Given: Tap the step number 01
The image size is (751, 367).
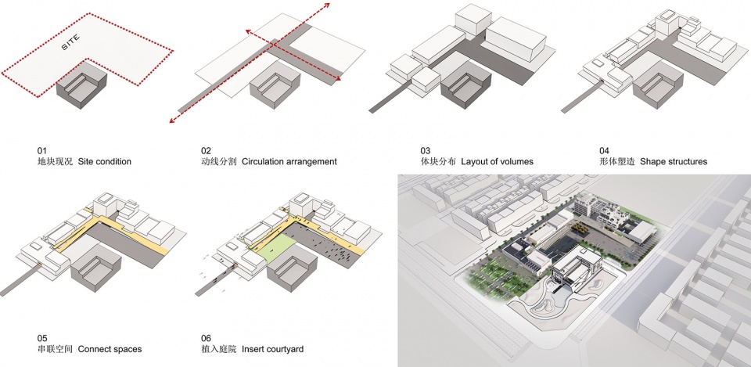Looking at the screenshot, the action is tap(41, 151).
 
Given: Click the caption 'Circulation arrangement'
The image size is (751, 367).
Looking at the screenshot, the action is tap(289, 161).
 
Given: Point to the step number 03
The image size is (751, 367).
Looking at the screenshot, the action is tap(426, 151).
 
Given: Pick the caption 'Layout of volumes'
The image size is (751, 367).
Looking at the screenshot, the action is tap(498, 161).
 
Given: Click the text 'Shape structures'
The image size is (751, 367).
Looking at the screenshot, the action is tap(674, 161).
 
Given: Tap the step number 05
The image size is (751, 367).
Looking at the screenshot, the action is tap(41, 338).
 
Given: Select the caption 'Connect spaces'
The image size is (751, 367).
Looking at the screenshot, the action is tap(110, 349).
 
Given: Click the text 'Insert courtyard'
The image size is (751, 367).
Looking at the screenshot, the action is tap(272, 349).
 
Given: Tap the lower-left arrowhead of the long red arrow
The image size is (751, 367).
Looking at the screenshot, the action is tap(172, 120).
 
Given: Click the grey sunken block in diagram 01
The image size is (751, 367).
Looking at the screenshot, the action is tap(81, 85).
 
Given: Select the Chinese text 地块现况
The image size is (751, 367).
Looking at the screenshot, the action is tap(55, 161).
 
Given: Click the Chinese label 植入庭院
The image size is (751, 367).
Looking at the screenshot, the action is tap(219, 349).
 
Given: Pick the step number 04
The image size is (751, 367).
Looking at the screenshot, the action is tap(604, 151).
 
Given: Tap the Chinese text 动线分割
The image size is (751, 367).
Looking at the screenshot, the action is tap(219, 161).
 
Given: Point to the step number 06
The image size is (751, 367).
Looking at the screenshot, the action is tap(207, 338).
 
